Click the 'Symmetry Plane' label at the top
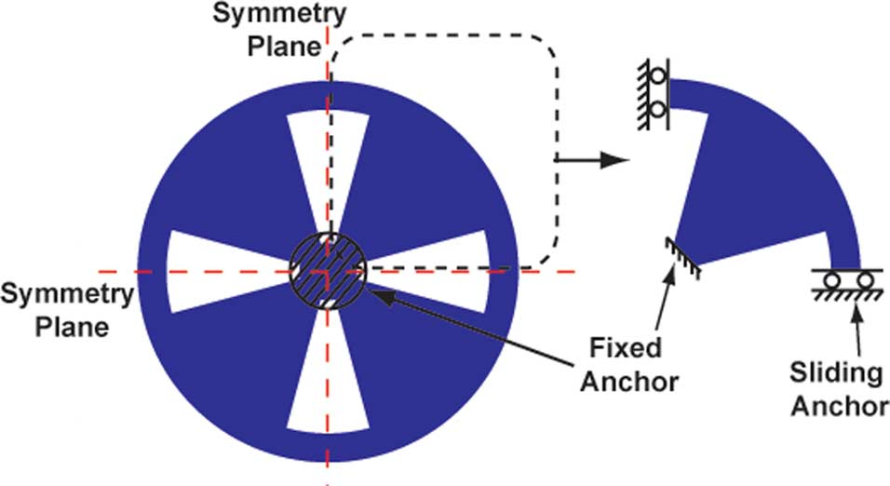266,29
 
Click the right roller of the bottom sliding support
865,279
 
